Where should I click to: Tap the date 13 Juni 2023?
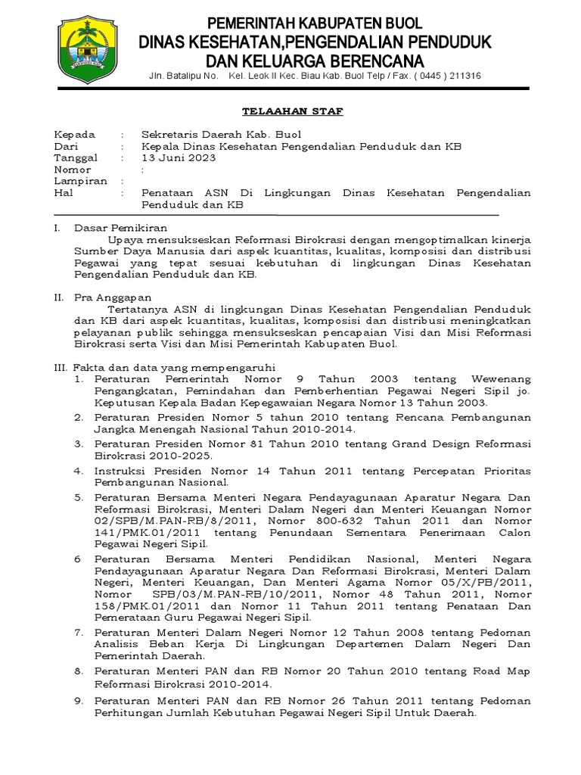(179, 157)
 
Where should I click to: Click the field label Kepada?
(74, 134)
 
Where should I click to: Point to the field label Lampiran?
(78, 182)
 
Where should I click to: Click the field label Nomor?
(73, 170)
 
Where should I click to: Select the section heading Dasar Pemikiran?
(121, 227)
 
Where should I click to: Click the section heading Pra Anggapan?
(113, 297)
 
